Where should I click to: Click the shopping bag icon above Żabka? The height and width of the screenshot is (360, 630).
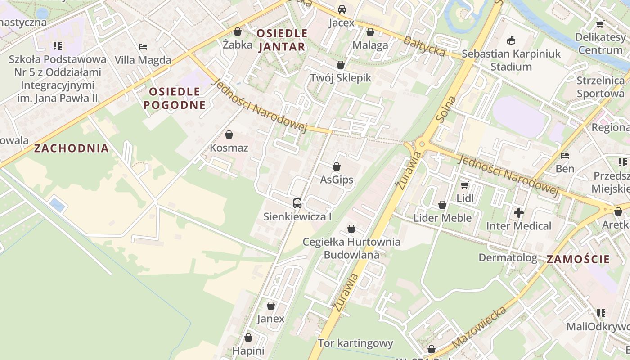238,31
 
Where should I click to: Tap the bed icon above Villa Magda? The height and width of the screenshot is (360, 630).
143,46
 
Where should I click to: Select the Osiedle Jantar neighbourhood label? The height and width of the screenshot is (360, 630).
282,40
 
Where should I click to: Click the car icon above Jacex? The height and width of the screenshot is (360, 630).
342,9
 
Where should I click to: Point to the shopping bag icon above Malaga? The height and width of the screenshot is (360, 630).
370,32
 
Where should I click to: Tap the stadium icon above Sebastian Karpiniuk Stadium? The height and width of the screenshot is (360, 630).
511,40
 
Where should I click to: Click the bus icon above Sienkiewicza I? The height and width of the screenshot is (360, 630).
297,203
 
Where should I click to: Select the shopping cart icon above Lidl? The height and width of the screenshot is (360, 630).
465,185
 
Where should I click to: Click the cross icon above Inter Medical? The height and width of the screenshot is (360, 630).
519,212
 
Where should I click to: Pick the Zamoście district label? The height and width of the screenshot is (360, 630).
578,259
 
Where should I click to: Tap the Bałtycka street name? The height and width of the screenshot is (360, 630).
424,46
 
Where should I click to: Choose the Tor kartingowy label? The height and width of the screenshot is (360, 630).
355,343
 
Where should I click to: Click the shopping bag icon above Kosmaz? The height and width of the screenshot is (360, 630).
229,135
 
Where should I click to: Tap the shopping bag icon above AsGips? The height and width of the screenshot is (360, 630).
337,166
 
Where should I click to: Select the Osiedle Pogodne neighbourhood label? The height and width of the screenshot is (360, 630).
174,98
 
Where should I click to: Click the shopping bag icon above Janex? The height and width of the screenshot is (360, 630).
271,306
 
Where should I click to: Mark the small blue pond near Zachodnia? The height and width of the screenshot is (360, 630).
57,205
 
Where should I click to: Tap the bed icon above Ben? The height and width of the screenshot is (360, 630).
565,156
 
